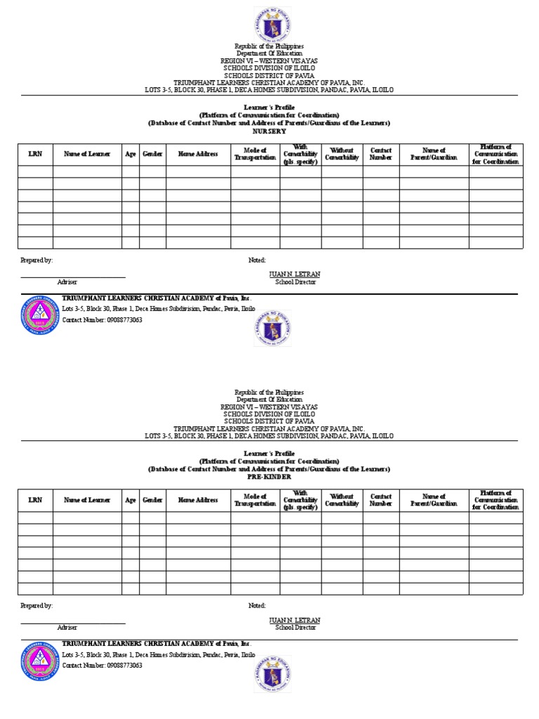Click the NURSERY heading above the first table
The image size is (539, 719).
click(269, 131)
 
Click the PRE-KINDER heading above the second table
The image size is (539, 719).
click(269, 477)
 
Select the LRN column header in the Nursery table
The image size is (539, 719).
click(35, 154)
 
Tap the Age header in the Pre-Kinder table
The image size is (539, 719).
click(131, 500)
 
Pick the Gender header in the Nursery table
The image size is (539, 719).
click(152, 154)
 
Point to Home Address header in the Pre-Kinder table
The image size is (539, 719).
click(198, 500)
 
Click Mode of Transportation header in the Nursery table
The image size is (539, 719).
click(255, 154)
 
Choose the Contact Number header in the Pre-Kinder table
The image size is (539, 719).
click(381, 500)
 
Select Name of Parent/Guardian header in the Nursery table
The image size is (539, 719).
click(434, 154)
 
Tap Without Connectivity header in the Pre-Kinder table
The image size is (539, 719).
click(342, 500)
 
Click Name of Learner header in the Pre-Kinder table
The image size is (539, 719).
click(86, 500)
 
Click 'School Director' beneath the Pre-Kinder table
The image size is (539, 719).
click(295, 628)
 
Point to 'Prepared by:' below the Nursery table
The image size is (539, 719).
click(36, 260)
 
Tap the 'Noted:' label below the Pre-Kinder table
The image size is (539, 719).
click(258, 605)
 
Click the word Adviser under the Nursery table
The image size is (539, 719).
click(67, 282)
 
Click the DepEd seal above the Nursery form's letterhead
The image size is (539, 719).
click(269, 24)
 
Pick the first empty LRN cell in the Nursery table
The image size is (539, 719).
click(35, 171)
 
